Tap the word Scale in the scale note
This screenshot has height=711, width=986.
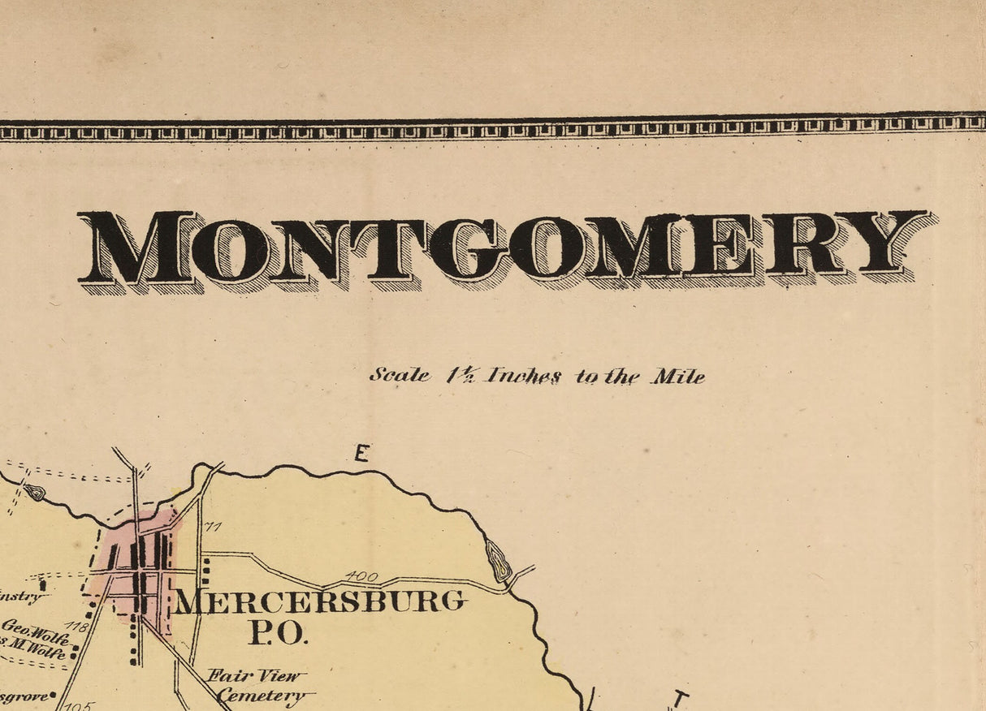tap(400, 375)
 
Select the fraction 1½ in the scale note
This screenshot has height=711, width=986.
tap(461, 375)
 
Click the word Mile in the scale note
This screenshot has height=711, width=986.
tap(677, 377)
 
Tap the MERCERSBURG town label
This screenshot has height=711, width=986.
tap(320, 601)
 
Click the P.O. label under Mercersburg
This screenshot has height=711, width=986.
tap(278, 633)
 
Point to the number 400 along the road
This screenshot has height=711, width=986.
tap(361, 577)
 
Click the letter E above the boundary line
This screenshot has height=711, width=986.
tap(361, 453)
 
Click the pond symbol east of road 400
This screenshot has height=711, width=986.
tap(499, 560)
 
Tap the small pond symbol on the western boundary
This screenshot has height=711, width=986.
tap(34, 491)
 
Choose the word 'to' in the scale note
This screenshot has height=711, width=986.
tap(586, 377)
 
